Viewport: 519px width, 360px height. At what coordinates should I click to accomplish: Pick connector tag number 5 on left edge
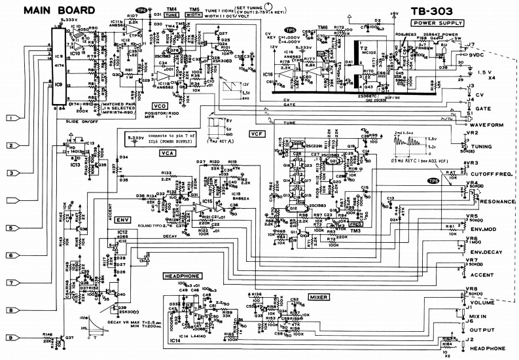11,228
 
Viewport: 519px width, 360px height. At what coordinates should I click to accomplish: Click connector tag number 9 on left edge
11,337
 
